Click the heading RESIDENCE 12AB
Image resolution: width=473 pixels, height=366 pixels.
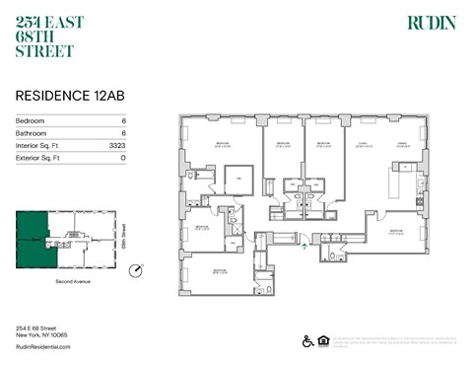pos(61,97)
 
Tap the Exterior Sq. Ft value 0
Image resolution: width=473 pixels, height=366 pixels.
pos(123,157)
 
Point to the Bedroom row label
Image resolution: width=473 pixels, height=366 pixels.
pos(32,120)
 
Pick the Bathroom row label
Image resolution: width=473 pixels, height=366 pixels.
pos(33,132)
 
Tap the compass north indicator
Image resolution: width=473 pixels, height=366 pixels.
pos(136,268)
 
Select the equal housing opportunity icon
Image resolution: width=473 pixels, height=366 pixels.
pos(324,341)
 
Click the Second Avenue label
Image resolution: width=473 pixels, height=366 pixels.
pos(65,282)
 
